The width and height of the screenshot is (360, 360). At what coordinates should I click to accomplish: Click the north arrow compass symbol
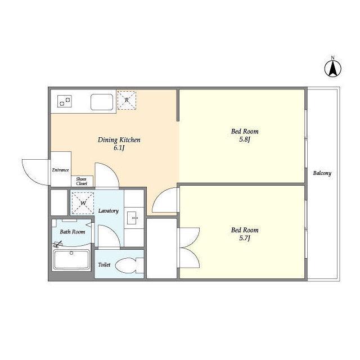pyautogui.click(x=332, y=68)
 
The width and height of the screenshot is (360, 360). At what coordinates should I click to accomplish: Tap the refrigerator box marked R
pyautogui.click(x=127, y=100)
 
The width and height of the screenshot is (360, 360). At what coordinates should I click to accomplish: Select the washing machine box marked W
pyautogui.click(x=83, y=203)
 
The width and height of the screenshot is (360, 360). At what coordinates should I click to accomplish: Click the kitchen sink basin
pyautogui.click(x=102, y=102)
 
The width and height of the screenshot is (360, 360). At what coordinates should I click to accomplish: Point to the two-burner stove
pyautogui.click(x=65, y=101)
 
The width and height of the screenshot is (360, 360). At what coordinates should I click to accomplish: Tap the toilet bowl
pyautogui.click(x=129, y=265)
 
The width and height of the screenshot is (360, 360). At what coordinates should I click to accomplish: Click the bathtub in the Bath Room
pyautogui.click(x=71, y=260)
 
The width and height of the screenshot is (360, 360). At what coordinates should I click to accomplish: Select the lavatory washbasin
pyautogui.click(x=133, y=218)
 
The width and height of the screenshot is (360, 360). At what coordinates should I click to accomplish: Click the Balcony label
pyautogui.click(x=322, y=173)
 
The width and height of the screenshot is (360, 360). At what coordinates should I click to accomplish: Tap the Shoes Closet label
pyautogui.click(x=82, y=181)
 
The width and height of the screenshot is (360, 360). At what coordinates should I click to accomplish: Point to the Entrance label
pyautogui.click(x=60, y=170)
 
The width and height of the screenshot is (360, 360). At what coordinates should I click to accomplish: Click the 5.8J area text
pyautogui.click(x=245, y=139)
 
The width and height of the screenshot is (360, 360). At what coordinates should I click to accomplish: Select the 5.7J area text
pyautogui.click(x=245, y=238)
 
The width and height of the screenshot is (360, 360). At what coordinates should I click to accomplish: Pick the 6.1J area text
pyautogui.click(x=119, y=148)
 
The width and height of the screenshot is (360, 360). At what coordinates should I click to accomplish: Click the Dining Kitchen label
pyautogui.click(x=119, y=140)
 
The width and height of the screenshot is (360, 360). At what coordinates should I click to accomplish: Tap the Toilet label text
pyautogui.click(x=104, y=265)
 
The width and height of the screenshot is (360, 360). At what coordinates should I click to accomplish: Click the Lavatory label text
pyautogui.click(x=109, y=211)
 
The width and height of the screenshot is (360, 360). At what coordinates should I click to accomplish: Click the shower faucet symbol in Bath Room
pyautogui.click(x=57, y=244)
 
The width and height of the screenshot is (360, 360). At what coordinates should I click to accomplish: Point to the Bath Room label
pyautogui.click(x=73, y=232)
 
